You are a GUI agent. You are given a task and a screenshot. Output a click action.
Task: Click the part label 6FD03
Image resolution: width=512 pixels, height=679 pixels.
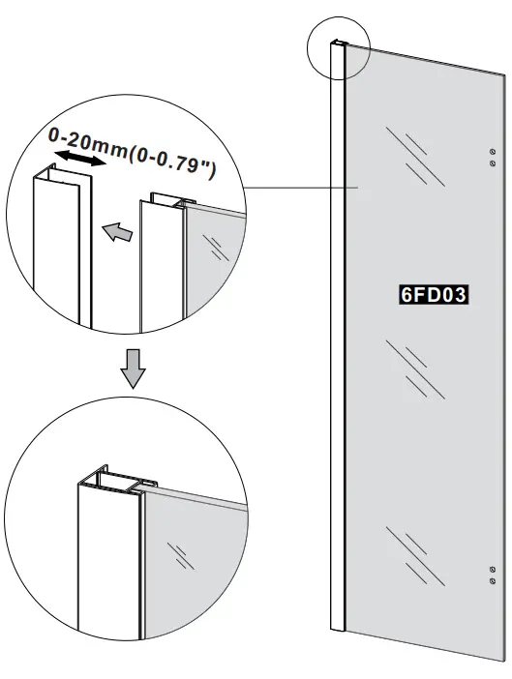(434, 294)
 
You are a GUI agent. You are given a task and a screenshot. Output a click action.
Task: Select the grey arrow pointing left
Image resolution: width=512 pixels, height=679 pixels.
(115, 231)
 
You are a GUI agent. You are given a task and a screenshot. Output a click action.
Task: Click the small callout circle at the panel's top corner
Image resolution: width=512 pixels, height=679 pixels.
(338, 47)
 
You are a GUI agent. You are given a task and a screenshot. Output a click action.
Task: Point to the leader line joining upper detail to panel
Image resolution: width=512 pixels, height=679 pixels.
(300, 188)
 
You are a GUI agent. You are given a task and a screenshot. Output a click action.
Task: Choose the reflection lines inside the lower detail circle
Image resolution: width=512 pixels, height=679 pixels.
(180, 556)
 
